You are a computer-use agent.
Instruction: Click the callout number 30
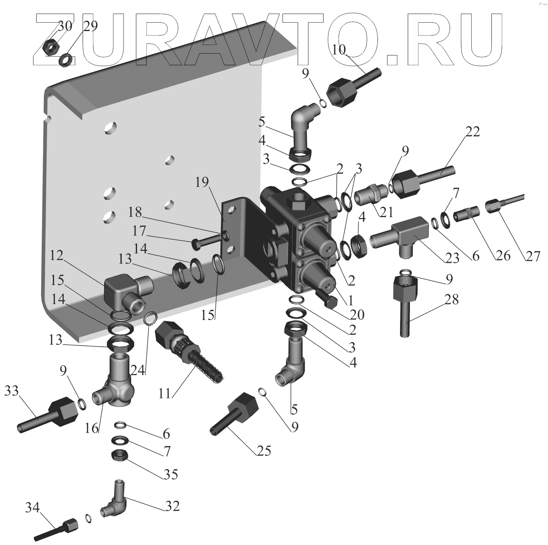[65, 26]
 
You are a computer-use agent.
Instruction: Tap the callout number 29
[90, 26]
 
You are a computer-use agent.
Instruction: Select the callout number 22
[472, 132]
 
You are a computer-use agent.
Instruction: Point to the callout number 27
[533, 256]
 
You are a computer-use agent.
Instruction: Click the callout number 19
[202, 182]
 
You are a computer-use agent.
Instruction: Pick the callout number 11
[165, 394]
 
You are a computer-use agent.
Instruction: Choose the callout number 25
[263, 451]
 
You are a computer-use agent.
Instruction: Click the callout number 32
[172, 506]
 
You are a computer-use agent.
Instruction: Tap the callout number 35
[171, 474]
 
